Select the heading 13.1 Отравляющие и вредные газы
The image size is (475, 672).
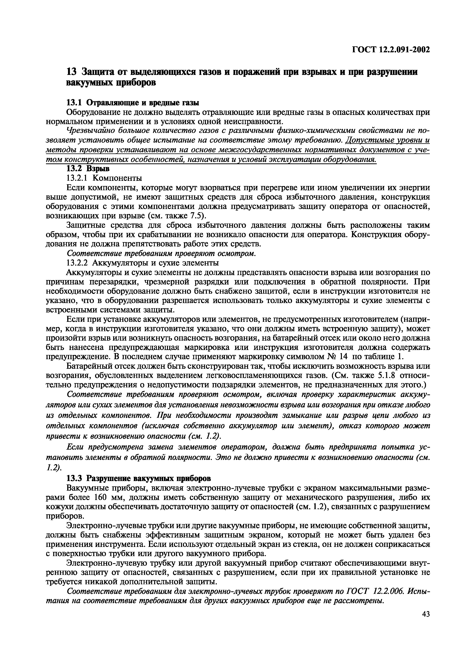point(133,103)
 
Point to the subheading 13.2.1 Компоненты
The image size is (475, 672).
point(104,178)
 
